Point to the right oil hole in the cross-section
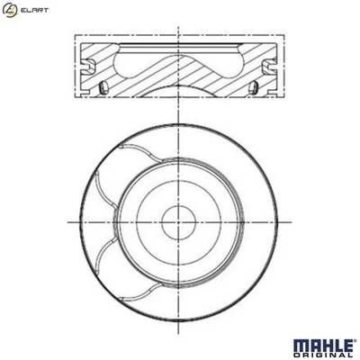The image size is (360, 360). point(256,86)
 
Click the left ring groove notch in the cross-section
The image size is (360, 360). point(88,66)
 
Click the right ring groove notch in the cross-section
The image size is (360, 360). point(271,66)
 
